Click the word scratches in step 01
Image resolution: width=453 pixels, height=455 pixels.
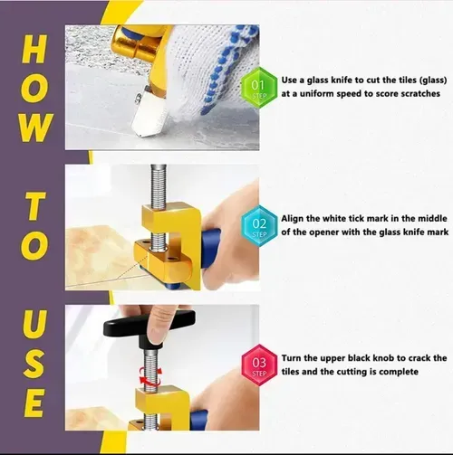[419, 93]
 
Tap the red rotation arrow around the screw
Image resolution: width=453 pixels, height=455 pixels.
[149, 373]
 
